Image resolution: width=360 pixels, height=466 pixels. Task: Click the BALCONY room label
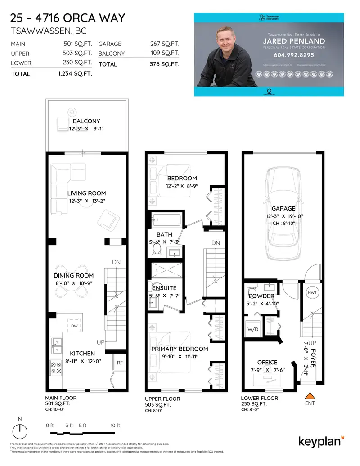point(86,121)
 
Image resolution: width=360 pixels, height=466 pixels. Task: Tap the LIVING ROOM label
point(86,193)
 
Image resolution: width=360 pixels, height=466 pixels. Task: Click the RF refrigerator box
point(120,362)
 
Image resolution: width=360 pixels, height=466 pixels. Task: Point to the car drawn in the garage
point(283,214)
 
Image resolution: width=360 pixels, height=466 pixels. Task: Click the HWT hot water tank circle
point(312,293)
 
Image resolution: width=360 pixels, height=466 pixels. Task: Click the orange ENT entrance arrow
point(310,396)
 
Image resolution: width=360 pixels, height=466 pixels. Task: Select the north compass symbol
point(19,432)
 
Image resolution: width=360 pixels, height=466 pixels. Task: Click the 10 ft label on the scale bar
point(116,425)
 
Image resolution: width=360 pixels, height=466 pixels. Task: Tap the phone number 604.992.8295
point(293,55)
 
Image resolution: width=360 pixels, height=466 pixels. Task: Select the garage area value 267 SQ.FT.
point(164,44)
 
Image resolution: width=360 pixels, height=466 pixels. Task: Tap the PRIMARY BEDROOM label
point(180,349)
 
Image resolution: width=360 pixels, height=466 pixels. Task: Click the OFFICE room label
point(267,362)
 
